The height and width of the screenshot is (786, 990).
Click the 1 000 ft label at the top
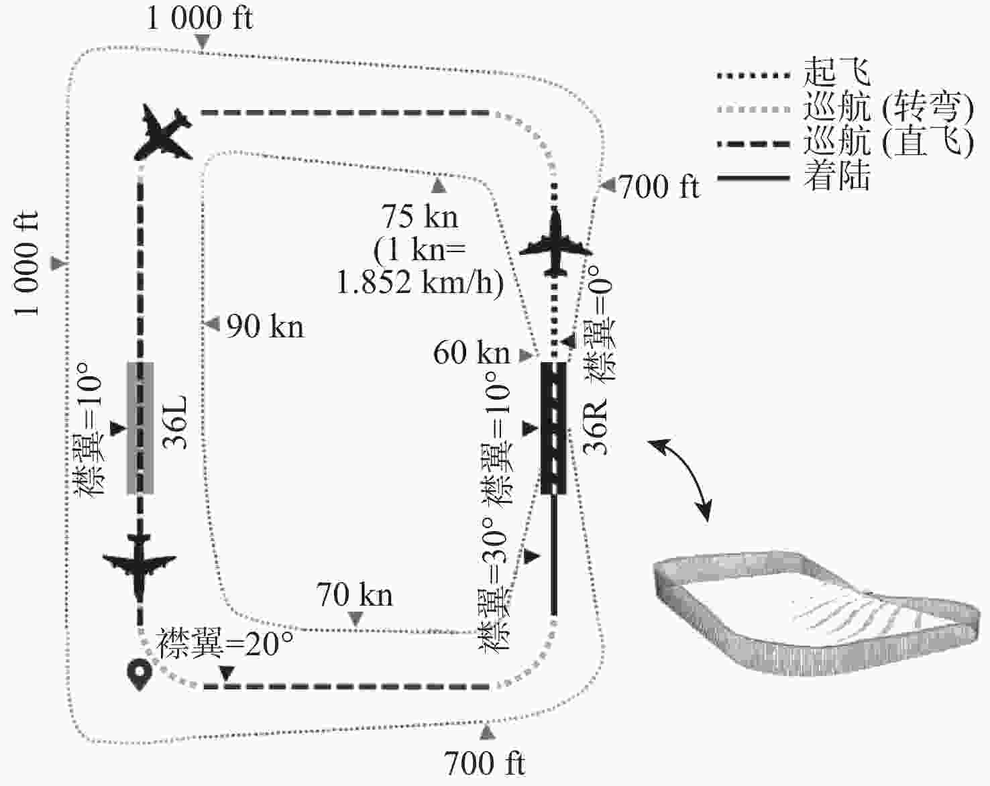click(199, 18)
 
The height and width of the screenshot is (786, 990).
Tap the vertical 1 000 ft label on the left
click(27, 264)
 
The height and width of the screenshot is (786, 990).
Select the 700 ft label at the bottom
click(484, 763)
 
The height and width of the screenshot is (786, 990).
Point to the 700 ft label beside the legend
click(659, 186)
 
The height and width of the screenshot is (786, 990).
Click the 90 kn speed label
click(265, 327)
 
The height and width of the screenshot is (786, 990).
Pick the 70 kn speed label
click(354, 595)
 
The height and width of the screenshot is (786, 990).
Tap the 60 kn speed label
click(472, 353)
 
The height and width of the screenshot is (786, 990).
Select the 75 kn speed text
click(420, 217)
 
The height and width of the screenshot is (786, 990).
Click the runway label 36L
click(176, 423)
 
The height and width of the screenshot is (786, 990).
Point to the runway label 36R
click(596, 427)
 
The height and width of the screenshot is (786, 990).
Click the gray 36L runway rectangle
click(140, 428)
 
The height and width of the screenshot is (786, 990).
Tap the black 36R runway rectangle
click(553, 428)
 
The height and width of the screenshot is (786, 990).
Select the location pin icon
click(140, 674)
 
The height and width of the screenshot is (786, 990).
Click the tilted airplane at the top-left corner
click(166, 133)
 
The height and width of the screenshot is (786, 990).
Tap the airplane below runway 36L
click(140, 565)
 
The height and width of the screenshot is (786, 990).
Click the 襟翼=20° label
click(225, 644)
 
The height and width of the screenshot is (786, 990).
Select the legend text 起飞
click(836, 72)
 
